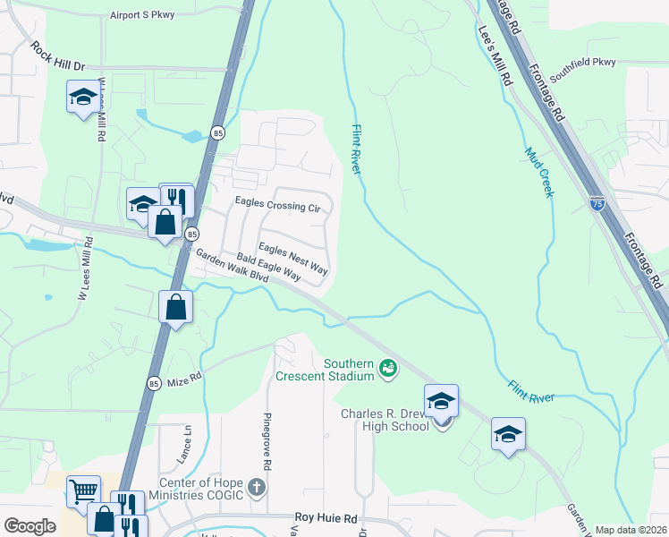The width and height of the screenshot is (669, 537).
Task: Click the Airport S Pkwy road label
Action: pyautogui.click(x=143, y=15)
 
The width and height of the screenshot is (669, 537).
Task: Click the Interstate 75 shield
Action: pyautogui.click(x=597, y=203)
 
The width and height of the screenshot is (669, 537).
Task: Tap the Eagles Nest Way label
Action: pyautogui.click(x=293, y=258)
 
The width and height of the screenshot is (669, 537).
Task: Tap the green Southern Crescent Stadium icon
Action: pyautogui.click(x=387, y=366)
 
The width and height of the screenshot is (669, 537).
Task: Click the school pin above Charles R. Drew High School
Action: pyautogui.click(x=441, y=401)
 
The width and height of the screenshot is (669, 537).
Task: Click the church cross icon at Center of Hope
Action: pyautogui.click(x=257, y=488)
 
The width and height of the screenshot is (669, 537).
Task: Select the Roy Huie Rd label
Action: pyautogui.click(x=326, y=518)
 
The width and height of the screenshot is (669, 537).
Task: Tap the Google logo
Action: pyautogui.click(x=30, y=526)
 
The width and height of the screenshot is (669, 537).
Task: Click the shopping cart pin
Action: pyautogui.click(x=83, y=490)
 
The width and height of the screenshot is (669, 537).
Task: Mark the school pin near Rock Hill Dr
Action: pyautogui.click(x=83, y=97)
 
